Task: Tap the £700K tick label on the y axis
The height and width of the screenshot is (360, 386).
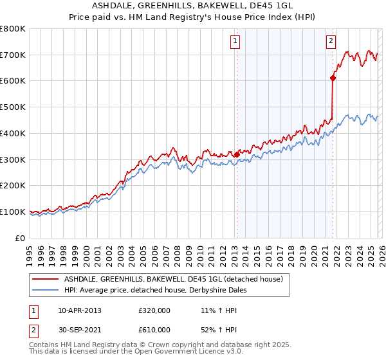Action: tap(14, 55)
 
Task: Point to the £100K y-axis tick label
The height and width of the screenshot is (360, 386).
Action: tap(14, 212)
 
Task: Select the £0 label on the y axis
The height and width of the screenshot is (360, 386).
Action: tap(21, 238)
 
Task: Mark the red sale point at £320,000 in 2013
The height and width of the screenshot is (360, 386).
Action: tap(236, 154)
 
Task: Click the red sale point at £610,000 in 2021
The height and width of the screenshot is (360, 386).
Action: tap(333, 78)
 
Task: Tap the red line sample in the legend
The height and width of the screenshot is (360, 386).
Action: tap(46, 279)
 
